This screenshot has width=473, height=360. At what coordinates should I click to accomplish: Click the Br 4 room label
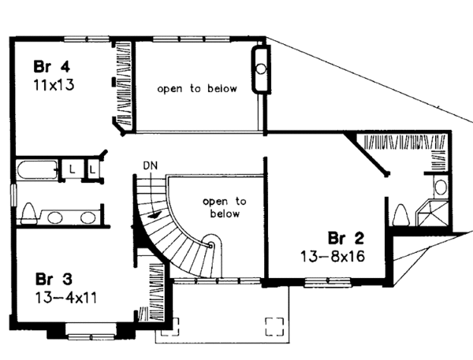pyautogui.click(x=51, y=66)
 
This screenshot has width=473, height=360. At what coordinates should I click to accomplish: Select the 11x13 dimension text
pyautogui.click(x=54, y=85)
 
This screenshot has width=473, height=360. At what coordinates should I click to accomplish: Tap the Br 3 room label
pyautogui.click(x=54, y=279)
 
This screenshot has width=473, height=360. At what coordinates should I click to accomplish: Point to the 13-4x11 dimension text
pyautogui.click(x=66, y=299)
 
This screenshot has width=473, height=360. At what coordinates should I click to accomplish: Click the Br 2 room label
pyautogui.click(x=346, y=238)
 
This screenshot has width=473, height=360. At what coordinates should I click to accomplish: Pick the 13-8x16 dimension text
pyautogui.click(x=333, y=257)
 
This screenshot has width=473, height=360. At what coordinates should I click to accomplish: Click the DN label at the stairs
pyautogui.click(x=151, y=165)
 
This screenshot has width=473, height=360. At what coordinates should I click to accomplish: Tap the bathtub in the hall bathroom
pyautogui.click(x=37, y=170)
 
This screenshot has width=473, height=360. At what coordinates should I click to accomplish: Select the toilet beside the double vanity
pyautogui.click(x=28, y=213)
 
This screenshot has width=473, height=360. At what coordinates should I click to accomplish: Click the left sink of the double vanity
pyautogui.click(x=55, y=217)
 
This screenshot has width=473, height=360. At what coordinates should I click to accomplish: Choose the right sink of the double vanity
pyautogui.click(x=88, y=217)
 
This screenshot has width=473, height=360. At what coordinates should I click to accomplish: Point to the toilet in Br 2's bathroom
pyautogui.click(x=401, y=215)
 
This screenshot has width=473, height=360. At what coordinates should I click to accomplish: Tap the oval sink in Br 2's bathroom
pyautogui.click(x=441, y=187)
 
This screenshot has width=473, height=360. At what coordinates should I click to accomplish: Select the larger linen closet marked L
pyautogui.click(x=72, y=169)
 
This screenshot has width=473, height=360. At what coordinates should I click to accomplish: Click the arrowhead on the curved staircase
pyautogui.click(x=155, y=215)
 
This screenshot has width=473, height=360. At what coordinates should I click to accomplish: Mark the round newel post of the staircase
pyautogui.click(x=210, y=245)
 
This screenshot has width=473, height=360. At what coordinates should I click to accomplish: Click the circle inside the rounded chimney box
pyautogui.click(x=261, y=69)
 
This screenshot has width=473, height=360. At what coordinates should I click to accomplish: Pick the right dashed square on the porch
pyautogui.click(x=274, y=327)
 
